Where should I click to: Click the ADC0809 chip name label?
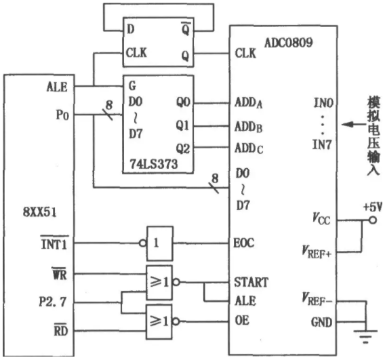pos(289,43)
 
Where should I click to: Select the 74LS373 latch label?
pos(154,163)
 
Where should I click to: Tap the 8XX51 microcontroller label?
pos(39,212)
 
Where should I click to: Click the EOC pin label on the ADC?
pos(243,243)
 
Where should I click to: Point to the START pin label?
pos(251,282)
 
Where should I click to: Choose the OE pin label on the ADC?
pos(242,320)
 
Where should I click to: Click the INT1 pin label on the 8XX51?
pos(54,243)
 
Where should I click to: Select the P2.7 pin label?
pos(52,302)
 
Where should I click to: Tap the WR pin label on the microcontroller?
pos(60,275)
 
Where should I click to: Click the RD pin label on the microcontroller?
pos(60,330)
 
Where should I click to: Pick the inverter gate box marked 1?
pos(160,243)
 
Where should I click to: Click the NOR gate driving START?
pos(159,283)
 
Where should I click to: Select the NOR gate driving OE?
pos(159,321)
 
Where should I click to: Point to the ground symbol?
pos(365,336)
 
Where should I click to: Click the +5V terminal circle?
pos(373,220)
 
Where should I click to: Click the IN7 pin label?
pos(322,144)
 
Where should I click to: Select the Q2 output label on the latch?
pos(183,148)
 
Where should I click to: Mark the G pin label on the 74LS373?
pos(132,85)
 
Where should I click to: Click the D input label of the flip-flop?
pos(131,29)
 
